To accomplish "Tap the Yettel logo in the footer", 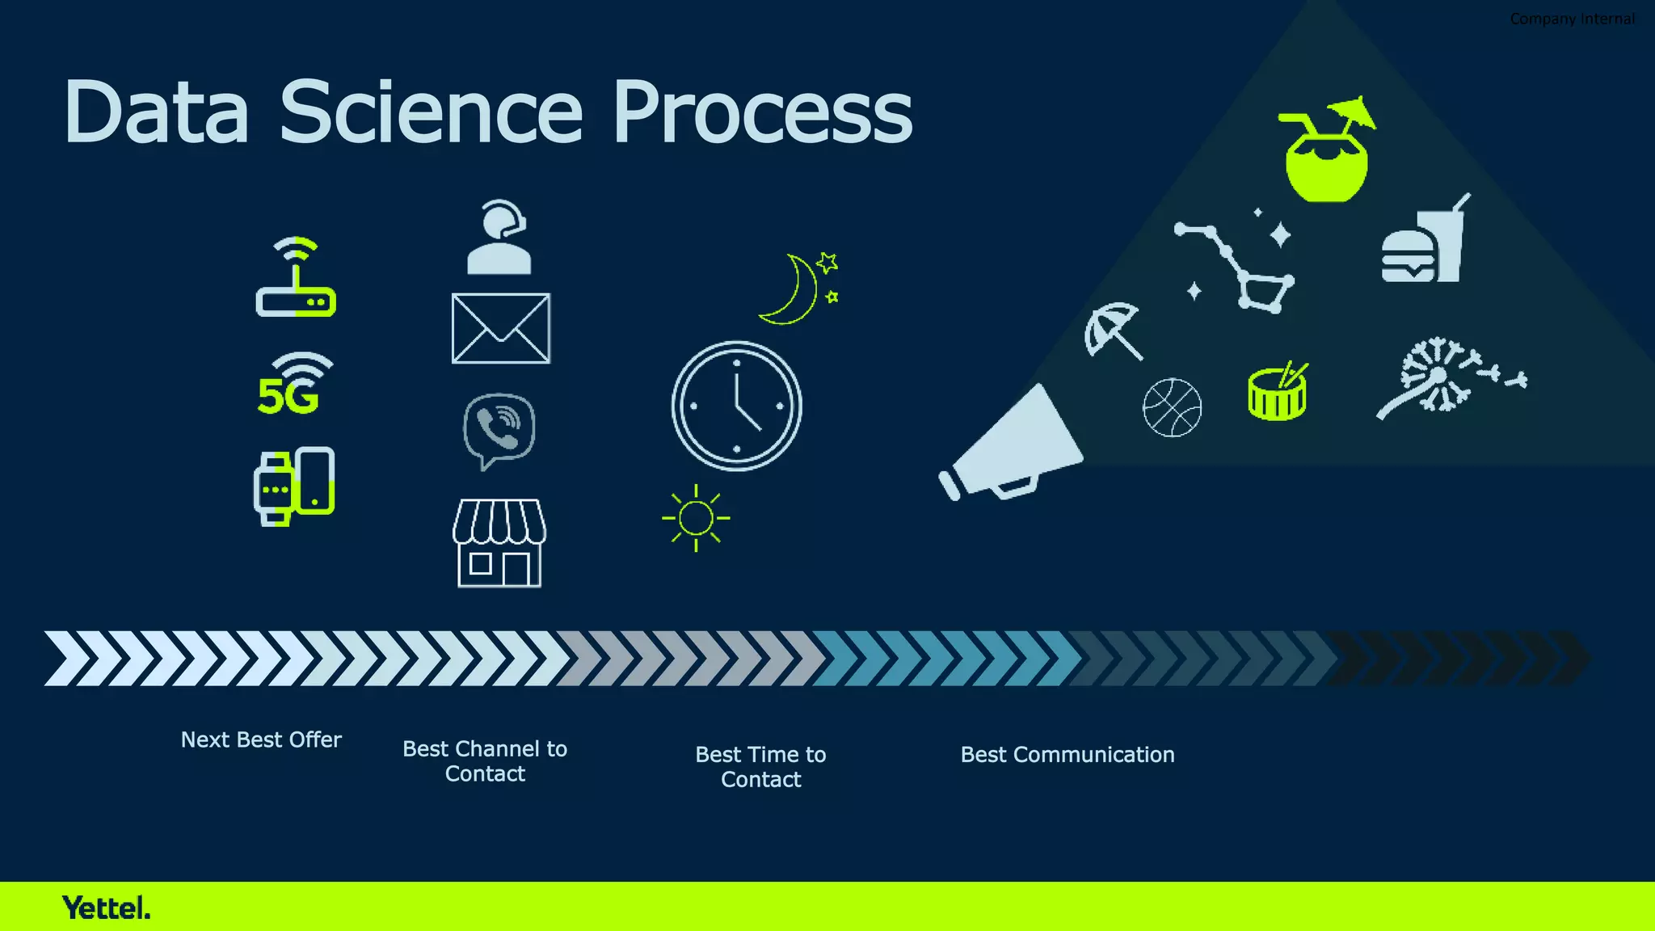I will pyautogui.click(x=106, y=908).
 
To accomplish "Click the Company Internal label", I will pyautogui.click(x=1572, y=19).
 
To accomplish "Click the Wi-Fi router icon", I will pyautogui.click(x=296, y=278).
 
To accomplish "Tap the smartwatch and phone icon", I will pyautogui.click(x=295, y=486).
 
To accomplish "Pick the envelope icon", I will pyautogui.click(x=500, y=328).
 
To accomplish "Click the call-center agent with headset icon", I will pyautogui.click(x=499, y=238).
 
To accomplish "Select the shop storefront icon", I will pyautogui.click(x=499, y=543).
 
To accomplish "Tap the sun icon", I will pyautogui.click(x=696, y=518).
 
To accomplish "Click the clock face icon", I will pyautogui.click(x=736, y=406).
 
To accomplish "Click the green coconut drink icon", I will pyautogui.click(x=1326, y=154).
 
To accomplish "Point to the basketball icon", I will pyautogui.click(x=1172, y=407).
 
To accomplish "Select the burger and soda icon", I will pyautogui.click(x=1425, y=242).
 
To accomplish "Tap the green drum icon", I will pyautogui.click(x=1277, y=392).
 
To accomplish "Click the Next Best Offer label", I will pyautogui.click(x=261, y=739).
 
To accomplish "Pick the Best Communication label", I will pyautogui.click(x=1067, y=754).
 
